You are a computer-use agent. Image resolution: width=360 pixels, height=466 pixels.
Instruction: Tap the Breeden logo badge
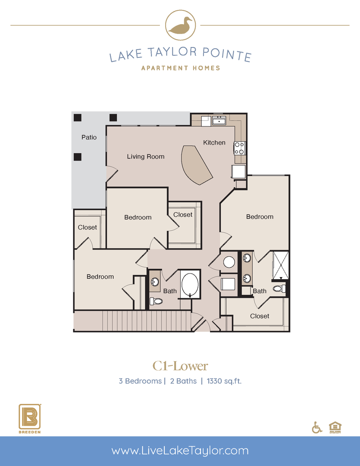click(30, 418)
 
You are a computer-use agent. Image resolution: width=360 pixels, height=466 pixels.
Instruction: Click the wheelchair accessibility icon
click(317, 427)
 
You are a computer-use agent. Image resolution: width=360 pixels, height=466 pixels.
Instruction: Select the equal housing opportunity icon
click(334, 427)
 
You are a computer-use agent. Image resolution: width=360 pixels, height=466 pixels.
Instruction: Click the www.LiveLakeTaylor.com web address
click(180, 451)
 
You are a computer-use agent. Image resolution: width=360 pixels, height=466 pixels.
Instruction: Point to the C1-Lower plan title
click(180, 366)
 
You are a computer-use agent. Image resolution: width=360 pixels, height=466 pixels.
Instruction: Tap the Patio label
click(89, 138)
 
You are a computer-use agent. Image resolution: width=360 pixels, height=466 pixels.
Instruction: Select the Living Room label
click(146, 157)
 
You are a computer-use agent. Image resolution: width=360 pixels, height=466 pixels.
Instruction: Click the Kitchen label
click(214, 142)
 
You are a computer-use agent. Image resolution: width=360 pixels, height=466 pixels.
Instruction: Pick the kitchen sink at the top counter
click(219, 120)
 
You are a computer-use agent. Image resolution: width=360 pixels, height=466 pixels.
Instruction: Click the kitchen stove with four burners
click(240, 148)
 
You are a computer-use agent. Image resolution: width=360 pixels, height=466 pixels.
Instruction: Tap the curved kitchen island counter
click(196, 165)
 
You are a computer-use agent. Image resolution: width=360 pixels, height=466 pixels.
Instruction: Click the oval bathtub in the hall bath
click(190, 285)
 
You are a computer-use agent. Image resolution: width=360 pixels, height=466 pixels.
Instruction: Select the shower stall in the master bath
click(281, 265)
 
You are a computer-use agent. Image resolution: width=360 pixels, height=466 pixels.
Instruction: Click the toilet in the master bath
click(279, 289)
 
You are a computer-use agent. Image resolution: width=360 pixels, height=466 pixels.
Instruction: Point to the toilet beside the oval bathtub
click(156, 301)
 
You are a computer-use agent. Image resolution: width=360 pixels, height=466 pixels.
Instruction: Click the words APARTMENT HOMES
click(180, 68)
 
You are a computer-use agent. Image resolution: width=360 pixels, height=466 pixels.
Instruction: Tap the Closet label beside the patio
click(88, 227)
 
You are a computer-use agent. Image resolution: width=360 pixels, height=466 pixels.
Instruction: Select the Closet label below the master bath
click(260, 316)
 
